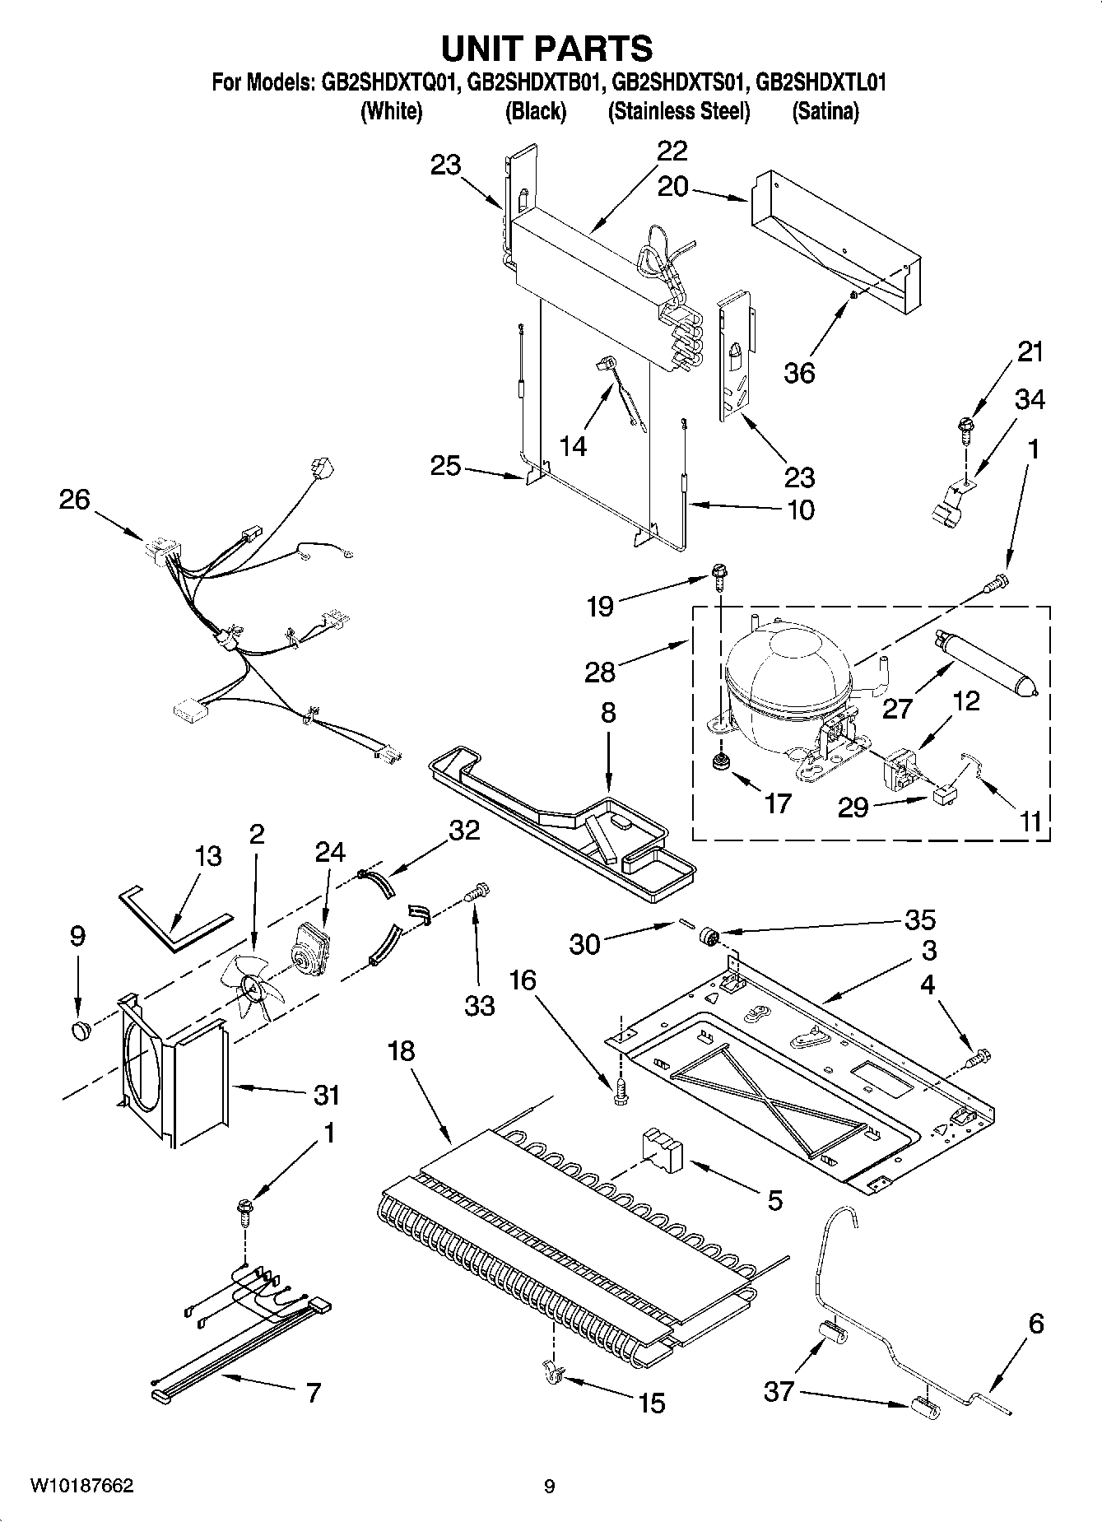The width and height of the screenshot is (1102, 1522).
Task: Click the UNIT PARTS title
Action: pyautogui.click(x=547, y=49)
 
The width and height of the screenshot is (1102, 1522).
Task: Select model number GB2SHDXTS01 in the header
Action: pyautogui.click(x=679, y=82)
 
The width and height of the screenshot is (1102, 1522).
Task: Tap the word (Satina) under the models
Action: pyautogui.click(x=825, y=111)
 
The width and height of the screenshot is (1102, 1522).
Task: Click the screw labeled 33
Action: pyautogui.click(x=477, y=891)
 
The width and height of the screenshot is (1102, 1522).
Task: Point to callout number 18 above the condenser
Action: pyautogui.click(x=402, y=1051)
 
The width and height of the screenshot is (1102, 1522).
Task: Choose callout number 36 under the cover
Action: pyautogui.click(x=799, y=372)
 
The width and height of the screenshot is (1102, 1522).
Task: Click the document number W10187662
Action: pyautogui.click(x=81, y=1486)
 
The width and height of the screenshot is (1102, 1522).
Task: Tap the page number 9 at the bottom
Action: pyautogui.click(x=549, y=1486)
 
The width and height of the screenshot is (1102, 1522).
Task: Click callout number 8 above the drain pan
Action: pyautogui.click(x=608, y=712)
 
